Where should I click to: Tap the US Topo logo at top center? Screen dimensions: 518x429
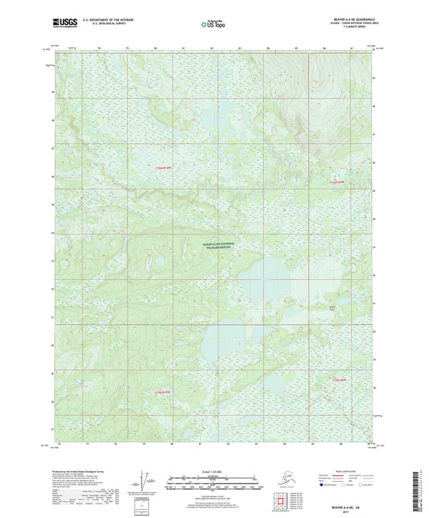(213, 25)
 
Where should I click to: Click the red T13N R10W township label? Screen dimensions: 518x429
(163, 168)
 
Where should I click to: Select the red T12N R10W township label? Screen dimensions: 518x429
(163, 392)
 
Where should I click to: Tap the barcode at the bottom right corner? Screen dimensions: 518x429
(422, 490)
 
